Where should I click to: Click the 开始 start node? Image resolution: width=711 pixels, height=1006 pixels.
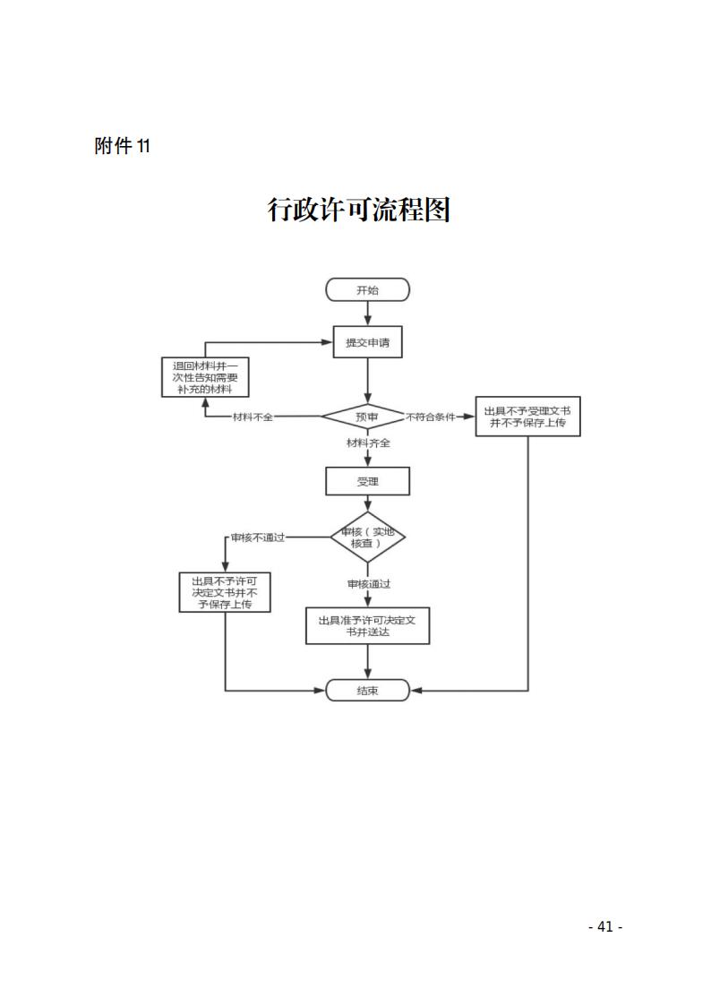(x=367, y=289)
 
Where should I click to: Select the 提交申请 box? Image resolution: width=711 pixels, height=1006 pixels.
(x=367, y=342)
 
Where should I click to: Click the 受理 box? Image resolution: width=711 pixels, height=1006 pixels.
(x=367, y=482)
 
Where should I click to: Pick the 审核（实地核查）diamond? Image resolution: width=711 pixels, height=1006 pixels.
(x=367, y=537)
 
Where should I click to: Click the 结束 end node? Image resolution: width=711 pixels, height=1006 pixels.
(x=367, y=691)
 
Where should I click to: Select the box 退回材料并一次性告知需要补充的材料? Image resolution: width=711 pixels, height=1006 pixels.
(x=205, y=378)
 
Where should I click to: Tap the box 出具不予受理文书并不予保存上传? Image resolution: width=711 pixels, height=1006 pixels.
(x=527, y=417)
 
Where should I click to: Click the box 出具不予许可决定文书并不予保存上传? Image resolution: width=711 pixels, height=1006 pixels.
(x=224, y=592)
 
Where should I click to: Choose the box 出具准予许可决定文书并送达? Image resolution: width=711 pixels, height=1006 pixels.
(x=367, y=625)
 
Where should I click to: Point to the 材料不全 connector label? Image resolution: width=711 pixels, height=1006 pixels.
(x=253, y=417)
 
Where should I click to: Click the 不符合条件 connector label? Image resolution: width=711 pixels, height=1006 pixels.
(x=431, y=417)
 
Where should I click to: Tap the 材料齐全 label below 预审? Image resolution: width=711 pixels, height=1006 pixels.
(x=369, y=443)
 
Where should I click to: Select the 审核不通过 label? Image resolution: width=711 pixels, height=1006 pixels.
(x=258, y=537)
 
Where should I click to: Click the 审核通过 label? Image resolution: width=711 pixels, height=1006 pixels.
(x=369, y=584)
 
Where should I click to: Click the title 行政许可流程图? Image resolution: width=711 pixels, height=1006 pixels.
(x=358, y=211)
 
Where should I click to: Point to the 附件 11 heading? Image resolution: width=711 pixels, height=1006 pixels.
(x=122, y=146)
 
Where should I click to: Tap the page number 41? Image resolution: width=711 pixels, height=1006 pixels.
(x=604, y=927)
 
